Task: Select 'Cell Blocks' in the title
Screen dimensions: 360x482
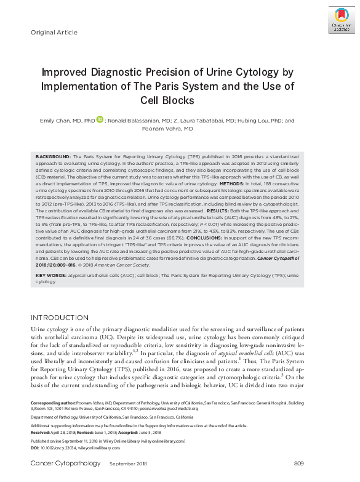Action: (167, 100)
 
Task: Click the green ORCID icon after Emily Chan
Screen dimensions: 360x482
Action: (100, 120)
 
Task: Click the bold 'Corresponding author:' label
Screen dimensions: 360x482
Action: (54, 402)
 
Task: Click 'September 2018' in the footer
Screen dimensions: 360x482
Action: (128, 463)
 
